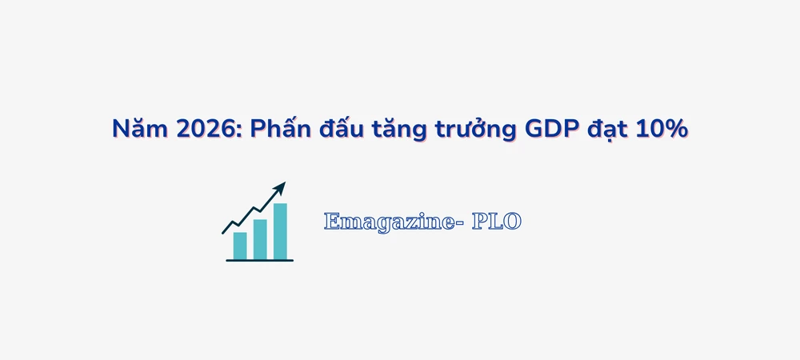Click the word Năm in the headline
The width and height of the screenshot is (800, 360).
133,129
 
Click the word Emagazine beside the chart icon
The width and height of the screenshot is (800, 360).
387,222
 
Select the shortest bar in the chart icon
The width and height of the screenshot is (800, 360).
240,246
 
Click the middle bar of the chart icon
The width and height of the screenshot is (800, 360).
260,239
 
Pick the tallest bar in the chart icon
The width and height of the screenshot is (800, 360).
280,231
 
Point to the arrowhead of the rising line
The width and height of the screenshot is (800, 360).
280,187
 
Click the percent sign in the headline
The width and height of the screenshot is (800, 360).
678,129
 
